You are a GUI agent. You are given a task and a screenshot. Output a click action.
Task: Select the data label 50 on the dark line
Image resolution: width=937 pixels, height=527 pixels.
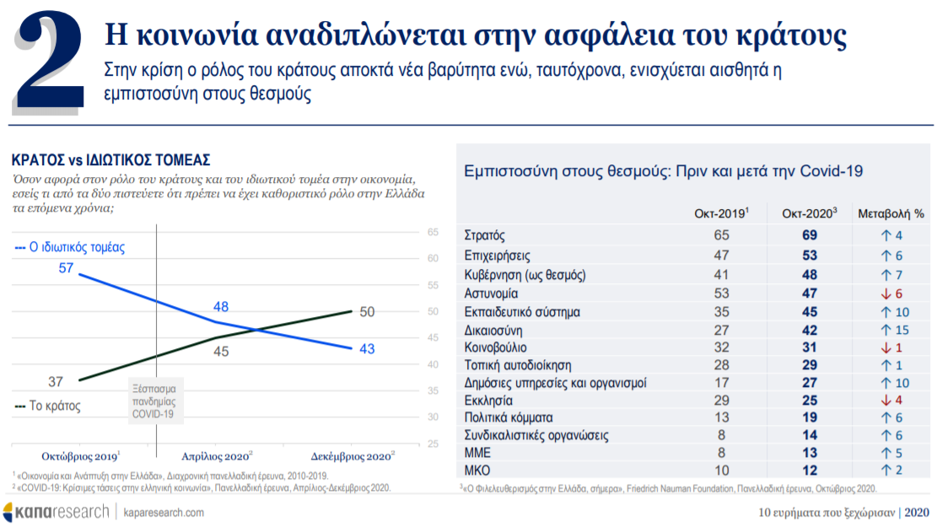click(x=367, y=312)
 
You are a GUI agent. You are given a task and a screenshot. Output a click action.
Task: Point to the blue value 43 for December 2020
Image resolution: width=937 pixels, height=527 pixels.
click(x=367, y=349)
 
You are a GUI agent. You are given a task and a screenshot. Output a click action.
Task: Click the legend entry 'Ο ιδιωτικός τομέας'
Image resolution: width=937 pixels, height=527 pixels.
click(x=70, y=248)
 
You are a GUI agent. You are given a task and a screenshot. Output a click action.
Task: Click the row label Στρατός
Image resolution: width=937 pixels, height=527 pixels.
click(x=485, y=235)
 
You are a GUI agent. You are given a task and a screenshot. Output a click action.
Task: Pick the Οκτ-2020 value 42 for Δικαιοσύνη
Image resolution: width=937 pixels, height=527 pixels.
click(x=810, y=330)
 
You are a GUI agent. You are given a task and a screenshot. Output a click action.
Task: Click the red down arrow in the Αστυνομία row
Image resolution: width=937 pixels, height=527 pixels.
click(x=880, y=293)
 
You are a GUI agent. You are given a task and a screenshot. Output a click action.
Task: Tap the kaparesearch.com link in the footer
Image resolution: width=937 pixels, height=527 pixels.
click(x=164, y=513)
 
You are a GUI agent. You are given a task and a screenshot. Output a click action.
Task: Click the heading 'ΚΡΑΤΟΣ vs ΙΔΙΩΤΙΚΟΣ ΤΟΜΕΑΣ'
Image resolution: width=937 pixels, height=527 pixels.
click(x=110, y=160)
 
